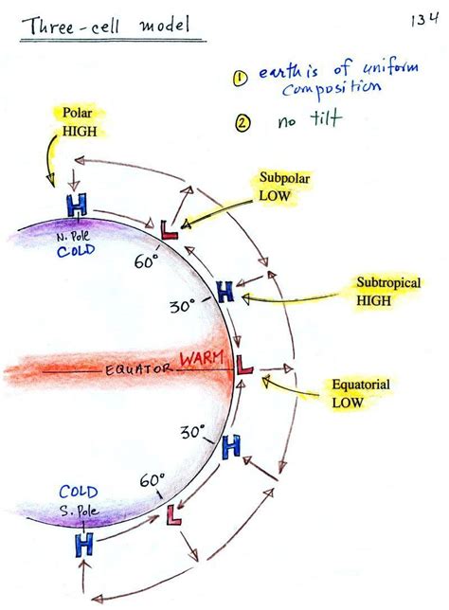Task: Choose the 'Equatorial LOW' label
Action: [x=361, y=393]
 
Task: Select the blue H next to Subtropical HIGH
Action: [x=224, y=292]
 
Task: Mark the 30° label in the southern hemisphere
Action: [x=192, y=432]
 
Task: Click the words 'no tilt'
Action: [x=301, y=121]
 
